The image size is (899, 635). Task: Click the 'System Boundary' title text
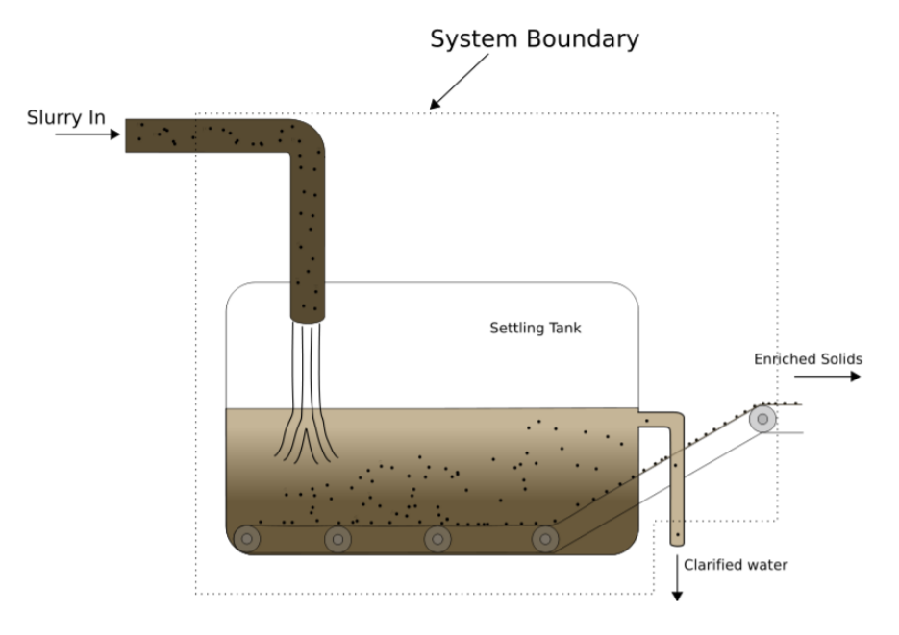(534, 39)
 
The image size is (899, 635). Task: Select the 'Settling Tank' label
(536, 329)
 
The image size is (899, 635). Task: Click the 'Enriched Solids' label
(808, 359)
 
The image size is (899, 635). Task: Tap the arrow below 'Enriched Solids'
(827, 378)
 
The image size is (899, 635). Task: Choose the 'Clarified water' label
(735, 565)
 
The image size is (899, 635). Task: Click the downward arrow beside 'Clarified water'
(677, 577)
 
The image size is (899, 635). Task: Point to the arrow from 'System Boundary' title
(460, 81)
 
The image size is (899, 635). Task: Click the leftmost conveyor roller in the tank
(247, 539)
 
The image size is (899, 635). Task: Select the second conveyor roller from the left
(337, 539)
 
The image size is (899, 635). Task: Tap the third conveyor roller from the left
(437, 539)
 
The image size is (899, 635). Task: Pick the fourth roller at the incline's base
(545, 539)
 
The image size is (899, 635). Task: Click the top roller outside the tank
(762, 419)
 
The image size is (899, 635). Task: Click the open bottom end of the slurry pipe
(309, 316)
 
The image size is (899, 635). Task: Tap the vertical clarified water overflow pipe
(677, 480)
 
